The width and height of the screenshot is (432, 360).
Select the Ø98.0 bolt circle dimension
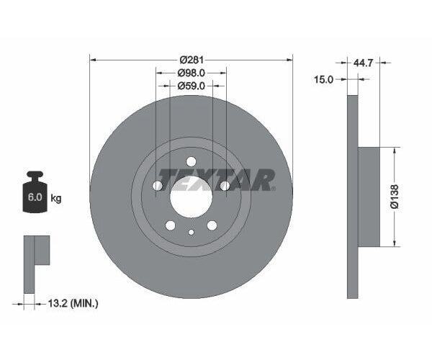[191, 73]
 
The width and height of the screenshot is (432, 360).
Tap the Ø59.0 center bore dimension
[191, 86]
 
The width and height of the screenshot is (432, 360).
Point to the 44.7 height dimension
[363, 63]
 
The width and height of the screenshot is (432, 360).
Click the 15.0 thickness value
[325, 80]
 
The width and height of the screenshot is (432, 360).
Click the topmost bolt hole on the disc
[191, 162]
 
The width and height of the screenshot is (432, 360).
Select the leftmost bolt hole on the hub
[158, 186]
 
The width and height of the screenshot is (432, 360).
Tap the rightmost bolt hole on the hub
[224, 186]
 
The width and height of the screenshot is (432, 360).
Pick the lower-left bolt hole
[171, 225]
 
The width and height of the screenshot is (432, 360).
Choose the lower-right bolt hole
[212, 225]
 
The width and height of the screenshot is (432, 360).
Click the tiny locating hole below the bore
[191, 232]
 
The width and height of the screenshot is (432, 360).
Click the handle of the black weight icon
[34, 175]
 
